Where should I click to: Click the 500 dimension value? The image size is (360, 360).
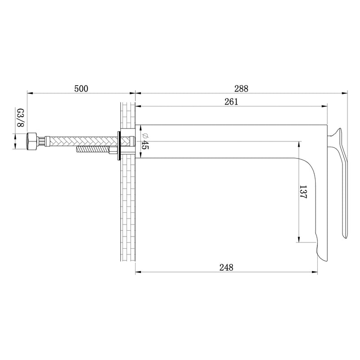point(81,88)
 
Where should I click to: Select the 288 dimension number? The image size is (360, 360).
point(241,88)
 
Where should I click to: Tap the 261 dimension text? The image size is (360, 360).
point(231,102)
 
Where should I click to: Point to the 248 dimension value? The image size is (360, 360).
point(226,268)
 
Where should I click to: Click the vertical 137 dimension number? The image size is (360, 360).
point(303,192)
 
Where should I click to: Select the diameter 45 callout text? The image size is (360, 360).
point(145,141)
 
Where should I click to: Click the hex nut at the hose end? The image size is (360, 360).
point(32,141)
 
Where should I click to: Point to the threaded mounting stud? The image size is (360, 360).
point(93,150)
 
